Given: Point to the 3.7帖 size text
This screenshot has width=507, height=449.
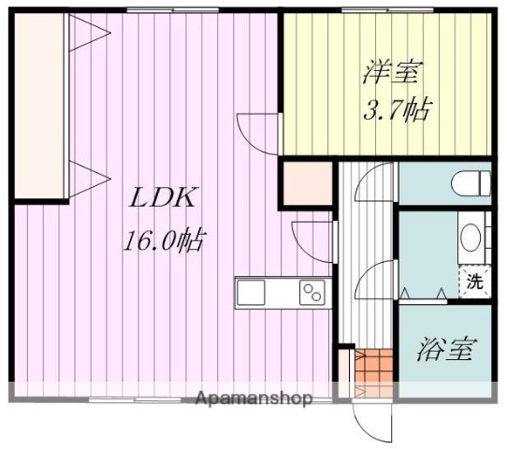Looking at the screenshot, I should [x=396, y=110].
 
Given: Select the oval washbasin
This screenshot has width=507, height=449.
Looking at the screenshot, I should [x=471, y=239].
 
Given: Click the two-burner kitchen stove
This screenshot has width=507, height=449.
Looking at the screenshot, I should [x=311, y=294].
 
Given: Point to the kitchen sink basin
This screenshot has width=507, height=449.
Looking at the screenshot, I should [x=254, y=293].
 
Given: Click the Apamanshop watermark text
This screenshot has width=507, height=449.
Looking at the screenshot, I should [x=253, y=399].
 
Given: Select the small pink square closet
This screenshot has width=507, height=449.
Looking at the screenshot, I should [x=307, y=183].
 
